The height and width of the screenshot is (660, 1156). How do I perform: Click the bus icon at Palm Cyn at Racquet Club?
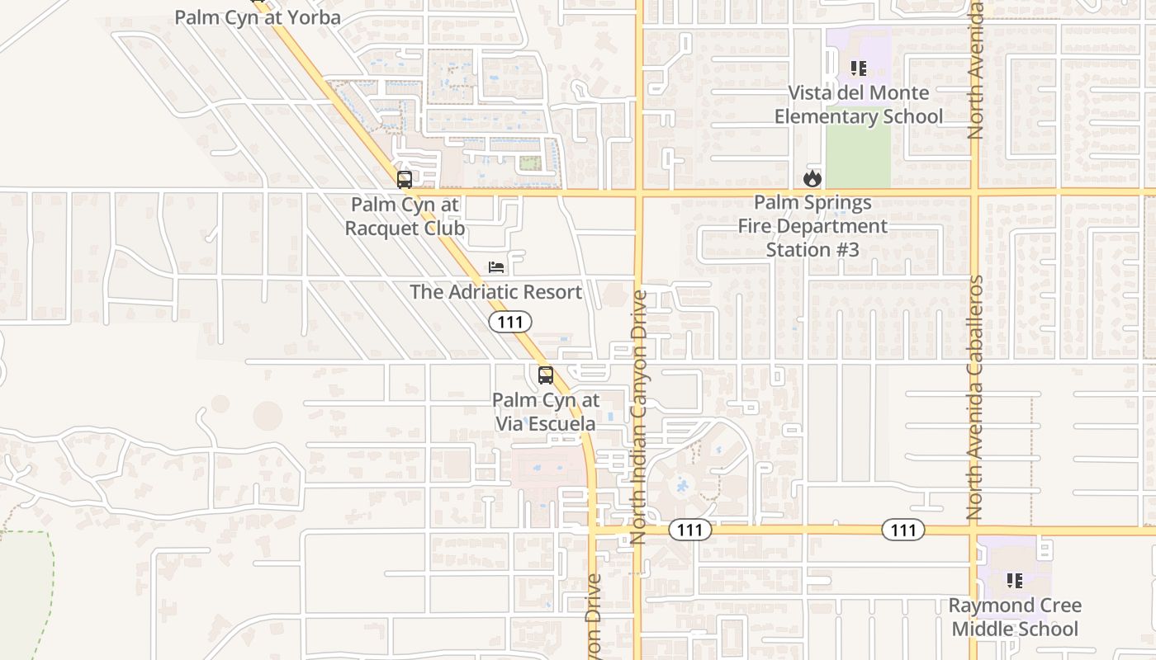(405, 179)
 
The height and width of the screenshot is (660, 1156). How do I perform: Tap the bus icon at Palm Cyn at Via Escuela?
(545, 375)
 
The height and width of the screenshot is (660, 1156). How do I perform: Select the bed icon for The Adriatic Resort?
(495, 266)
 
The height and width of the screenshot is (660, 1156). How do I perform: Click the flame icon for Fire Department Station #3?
(813, 177)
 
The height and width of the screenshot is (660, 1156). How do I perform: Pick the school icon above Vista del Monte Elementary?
(858, 68)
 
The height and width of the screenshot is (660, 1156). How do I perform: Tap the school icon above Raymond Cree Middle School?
(1014, 581)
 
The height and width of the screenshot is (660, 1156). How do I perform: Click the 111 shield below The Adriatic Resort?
(510, 322)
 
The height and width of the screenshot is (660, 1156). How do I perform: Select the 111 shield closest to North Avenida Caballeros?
(903, 530)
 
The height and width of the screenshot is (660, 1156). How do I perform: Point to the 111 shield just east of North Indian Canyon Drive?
(689, 530)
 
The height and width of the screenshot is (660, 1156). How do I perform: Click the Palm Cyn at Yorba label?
(258, 17)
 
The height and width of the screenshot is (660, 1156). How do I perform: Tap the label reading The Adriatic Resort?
(495, 292)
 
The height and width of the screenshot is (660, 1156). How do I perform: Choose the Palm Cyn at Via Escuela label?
(545, 412)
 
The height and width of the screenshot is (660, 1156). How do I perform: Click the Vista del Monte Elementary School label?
(858, 105)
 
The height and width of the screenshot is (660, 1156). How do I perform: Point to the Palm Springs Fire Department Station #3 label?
(813, 226)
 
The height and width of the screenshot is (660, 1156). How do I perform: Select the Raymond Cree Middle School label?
(1014, 617)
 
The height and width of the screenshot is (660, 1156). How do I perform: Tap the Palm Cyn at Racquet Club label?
(405, 216)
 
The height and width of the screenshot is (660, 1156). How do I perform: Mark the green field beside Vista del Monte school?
(858, 157)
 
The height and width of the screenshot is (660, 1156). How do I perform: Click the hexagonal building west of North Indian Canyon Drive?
(614, 295)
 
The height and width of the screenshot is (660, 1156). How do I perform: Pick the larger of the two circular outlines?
(268, 416)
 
